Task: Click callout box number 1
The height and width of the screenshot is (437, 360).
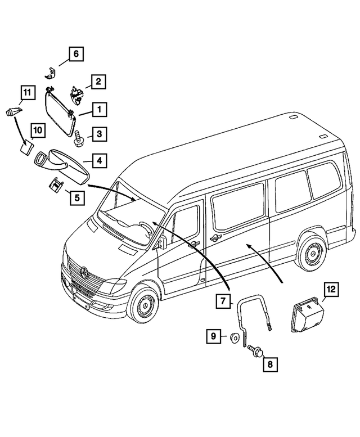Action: pyautogui.click(x=98, y=108)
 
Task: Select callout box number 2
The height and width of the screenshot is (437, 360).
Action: pyautogui.click(x=98, y=82)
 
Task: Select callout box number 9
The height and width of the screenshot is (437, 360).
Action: pyautogui.click(x=214, y=337)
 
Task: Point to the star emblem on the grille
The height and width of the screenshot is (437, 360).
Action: pyautogui.click(x=84, y=274)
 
